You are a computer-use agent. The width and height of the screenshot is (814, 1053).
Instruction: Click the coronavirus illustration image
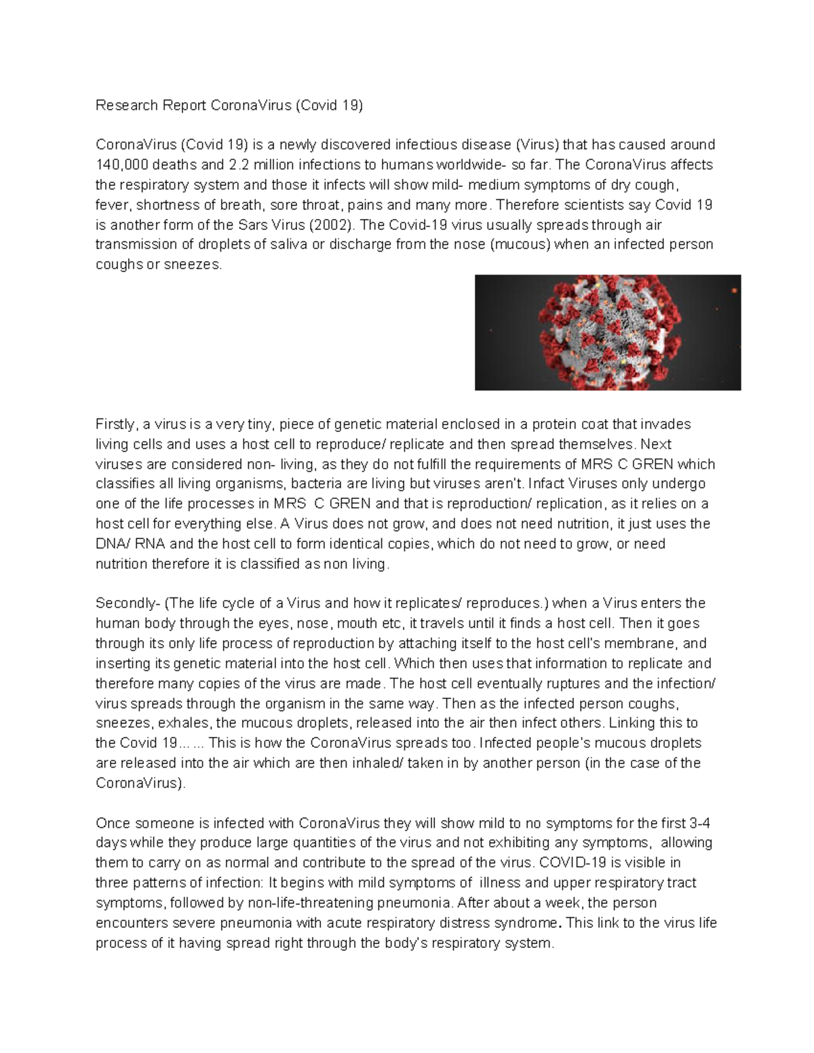pos(607,332)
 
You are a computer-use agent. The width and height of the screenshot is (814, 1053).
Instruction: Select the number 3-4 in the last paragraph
pos(699,824)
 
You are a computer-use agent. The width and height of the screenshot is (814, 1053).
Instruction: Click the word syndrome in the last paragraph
pos(530,923)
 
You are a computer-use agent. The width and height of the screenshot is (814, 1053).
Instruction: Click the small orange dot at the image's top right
pos(735,291)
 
